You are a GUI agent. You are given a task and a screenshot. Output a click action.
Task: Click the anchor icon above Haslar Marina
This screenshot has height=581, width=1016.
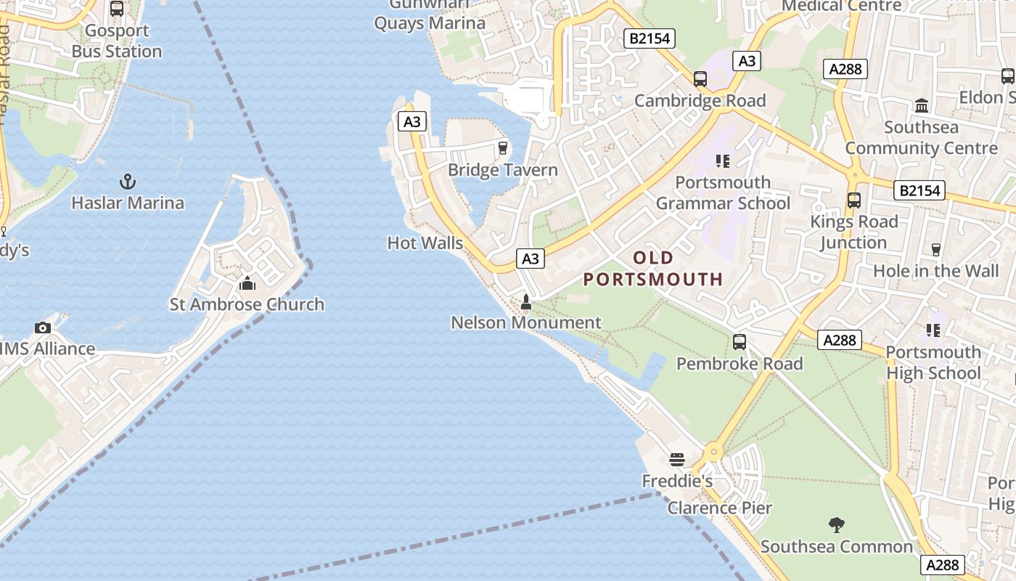click(x=128, y=181)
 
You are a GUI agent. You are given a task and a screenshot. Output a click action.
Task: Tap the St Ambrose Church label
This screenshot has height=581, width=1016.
click(x=247, y=304)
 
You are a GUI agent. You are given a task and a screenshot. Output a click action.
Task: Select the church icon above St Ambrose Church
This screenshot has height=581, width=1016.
click(x=247, y=283)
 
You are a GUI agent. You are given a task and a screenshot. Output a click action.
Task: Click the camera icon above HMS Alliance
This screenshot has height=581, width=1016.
click(x=43, y=328)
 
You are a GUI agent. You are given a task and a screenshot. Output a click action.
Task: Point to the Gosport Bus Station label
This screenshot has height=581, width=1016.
click(x=117, y=41)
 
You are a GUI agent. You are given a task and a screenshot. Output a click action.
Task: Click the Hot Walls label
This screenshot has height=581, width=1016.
click(x=425, y=243)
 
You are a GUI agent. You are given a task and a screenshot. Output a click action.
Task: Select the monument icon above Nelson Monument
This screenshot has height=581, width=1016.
click(x=526, y=301)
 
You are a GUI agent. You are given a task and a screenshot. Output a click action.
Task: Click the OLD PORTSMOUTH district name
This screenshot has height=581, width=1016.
click(x=653, y=268)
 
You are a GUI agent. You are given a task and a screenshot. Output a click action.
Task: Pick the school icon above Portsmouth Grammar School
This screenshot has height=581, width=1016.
click(x=722, y=161)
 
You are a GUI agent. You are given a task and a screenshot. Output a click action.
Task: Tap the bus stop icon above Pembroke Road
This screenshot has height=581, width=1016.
click(x=740, y=341)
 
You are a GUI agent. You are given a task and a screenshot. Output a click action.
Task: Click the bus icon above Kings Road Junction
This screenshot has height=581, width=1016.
click(x=854, y=200)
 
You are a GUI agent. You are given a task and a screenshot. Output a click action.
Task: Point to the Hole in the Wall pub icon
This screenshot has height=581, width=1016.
click(x=936, y=250)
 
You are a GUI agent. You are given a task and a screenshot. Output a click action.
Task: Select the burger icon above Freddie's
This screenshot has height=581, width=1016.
click(x=677, y=459)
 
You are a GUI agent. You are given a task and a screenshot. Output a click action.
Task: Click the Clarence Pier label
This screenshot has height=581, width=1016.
click(x=720, y=508)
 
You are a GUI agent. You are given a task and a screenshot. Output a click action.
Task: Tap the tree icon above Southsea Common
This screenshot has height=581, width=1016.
click(x=837, y=524)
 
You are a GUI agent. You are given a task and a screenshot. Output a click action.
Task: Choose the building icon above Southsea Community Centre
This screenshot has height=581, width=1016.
click(x=922, y=106)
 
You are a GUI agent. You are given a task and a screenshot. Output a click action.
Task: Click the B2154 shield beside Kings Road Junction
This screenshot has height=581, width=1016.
click(x=919, y=190)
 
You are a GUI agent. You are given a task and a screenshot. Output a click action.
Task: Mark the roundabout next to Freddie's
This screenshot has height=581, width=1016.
click(x=713, y=452)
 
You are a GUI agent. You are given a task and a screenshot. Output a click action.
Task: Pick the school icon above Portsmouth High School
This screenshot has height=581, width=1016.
click(x=933, y=330)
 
